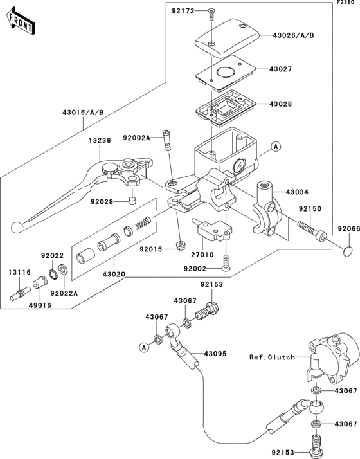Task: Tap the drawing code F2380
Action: (345, 4)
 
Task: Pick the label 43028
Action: (281, 104)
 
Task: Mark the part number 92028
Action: (102, 201)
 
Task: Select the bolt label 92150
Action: (310, 209)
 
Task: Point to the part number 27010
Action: (193, 254)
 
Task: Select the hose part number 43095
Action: (216, 354)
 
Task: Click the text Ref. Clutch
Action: (273, 357)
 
